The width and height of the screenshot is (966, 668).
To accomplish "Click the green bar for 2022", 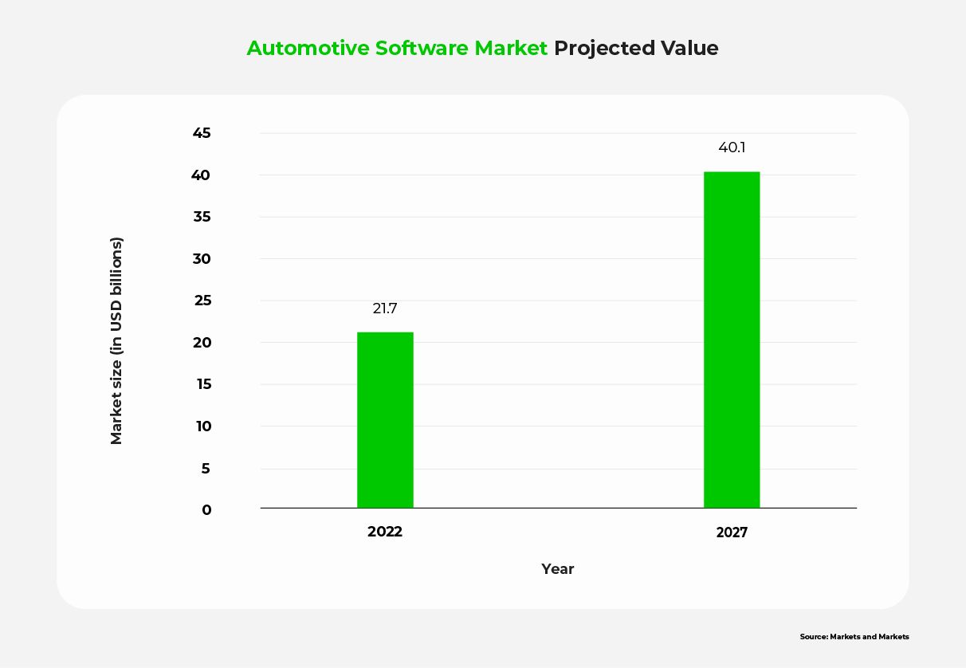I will [x=385, y=420].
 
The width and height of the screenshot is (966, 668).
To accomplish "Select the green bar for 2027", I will [x=732, y=340].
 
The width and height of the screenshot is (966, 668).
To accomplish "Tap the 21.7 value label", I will [x=385, y=308].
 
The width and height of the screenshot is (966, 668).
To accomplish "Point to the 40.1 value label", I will [x=732, y=147].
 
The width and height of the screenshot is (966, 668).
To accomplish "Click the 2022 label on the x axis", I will [x=385, y=532].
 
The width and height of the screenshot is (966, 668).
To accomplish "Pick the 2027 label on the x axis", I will [x=732, y=532].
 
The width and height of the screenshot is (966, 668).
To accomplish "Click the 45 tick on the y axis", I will [x=202, y=133].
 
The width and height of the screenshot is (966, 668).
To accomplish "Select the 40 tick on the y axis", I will [x=202, y=175].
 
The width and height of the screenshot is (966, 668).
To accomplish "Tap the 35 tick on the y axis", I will [x=202, y=217].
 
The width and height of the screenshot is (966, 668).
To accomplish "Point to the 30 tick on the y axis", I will [x=202, y=259].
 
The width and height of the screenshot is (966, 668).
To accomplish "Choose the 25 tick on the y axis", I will [x=202, y=301].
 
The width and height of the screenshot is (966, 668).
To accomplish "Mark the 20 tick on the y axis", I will [x=202, y=343].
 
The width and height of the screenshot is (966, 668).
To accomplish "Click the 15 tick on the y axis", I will [x=202, y=384].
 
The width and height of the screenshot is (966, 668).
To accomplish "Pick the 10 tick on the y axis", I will [x=202, y=426].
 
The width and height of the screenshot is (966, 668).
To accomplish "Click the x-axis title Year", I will [x=558, y=569].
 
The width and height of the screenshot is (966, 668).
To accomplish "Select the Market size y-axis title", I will [x=117, y=340].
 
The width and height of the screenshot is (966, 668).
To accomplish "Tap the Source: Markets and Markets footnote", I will [x=854, y=637].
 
